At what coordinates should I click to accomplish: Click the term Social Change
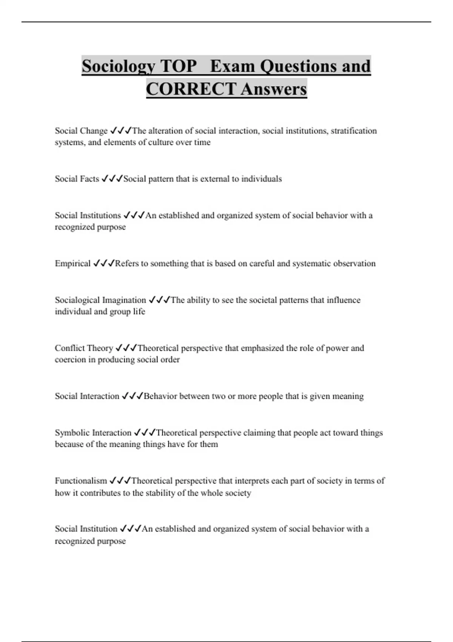click(x=81, y=131)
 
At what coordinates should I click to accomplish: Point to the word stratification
click(x=354, y=131)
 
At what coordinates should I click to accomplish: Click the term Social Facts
click(x=77, y=179)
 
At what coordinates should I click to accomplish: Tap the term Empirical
click(x=73, y=263)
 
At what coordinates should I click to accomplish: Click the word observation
click(x=354, y=263)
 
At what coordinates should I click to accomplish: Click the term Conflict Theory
click(x=84, y=348)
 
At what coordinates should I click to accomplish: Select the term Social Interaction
click(x=87, y=396)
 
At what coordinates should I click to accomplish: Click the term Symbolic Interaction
click(x=93, y=432)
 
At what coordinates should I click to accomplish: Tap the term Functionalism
click(x=81, y=481)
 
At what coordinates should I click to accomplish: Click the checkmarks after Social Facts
click(x=112, y=179)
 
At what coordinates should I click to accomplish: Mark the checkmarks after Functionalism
click(x=120, y=481)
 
